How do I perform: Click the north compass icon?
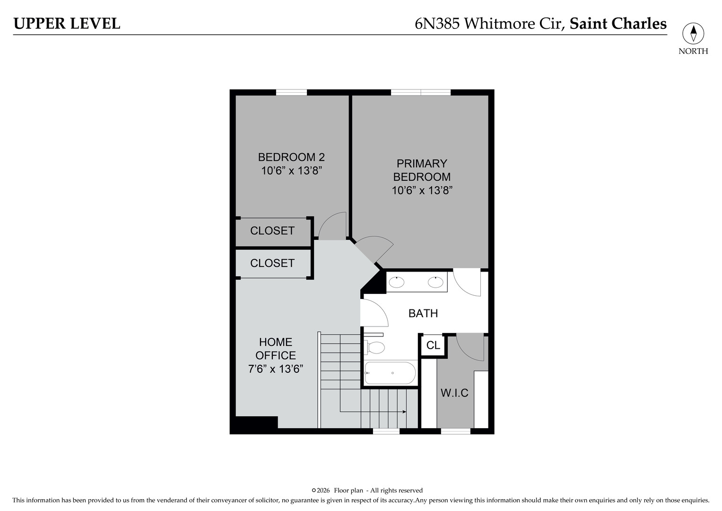pyautogui.click(x=693, y=34)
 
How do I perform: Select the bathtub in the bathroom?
pyautogui.click(x=391, y=373)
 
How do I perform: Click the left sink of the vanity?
pyautogui.click(x=396, y=282)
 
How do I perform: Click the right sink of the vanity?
pyautogui.click(x=435, y=282)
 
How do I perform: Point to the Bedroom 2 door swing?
pyautogui.click(x=332, y=226)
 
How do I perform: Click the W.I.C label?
pyautogui.click(x=454, y=393)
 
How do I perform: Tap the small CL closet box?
pyautogui.click(x=433, y=345)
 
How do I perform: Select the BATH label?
pyautogui.click(x=423, y=313)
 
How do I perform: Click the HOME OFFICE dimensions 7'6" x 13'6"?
pyautogui.click(x=276, y=369)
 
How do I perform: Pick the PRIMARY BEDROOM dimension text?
pyautogui.click(x=422, y=190)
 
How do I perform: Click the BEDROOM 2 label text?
pyautogui.click(x=291, y=157)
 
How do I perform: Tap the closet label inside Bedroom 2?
pyautogui.click(x=272, y=231)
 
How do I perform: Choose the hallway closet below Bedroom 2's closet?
pyautogui.click(x=272, y=263)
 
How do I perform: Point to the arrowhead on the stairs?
pyautogui.click(x=404, y=412)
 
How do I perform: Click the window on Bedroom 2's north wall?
pyautogui.click(x=291, y=92)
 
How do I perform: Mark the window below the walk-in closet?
pyautogui.click(x=456, y=431)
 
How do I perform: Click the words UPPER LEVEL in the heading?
pyautogui.click(x=67, y=24)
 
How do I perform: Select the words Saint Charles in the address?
pyautogui.click(x=618, y=24)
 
